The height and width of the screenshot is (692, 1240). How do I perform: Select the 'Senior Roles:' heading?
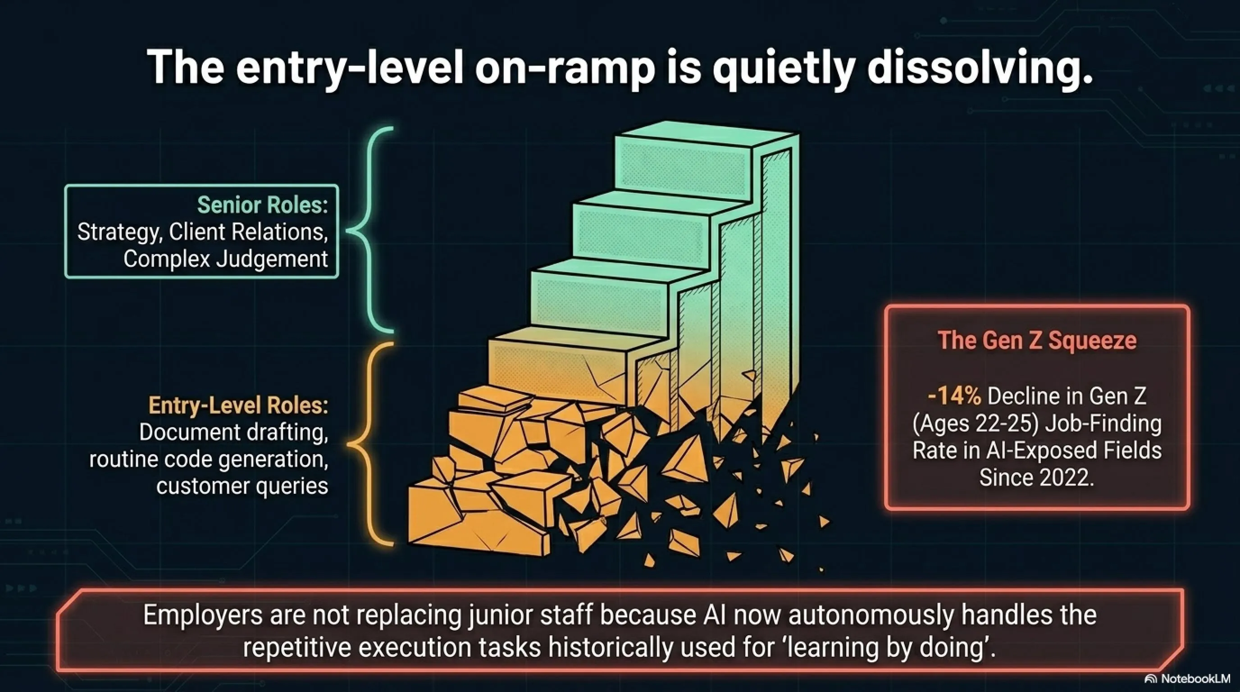262,205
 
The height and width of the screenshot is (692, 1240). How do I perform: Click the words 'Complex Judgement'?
226,259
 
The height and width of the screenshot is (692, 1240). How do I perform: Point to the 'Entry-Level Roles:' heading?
238,405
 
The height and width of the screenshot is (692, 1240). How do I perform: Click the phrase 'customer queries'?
242,486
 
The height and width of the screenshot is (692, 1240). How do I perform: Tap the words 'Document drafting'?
233,432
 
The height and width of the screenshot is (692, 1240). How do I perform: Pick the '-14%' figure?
954,396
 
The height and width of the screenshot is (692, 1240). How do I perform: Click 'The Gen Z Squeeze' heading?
1037,341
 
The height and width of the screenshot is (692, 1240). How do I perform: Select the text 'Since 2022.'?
1037,478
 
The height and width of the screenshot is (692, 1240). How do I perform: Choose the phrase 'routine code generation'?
209,459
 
